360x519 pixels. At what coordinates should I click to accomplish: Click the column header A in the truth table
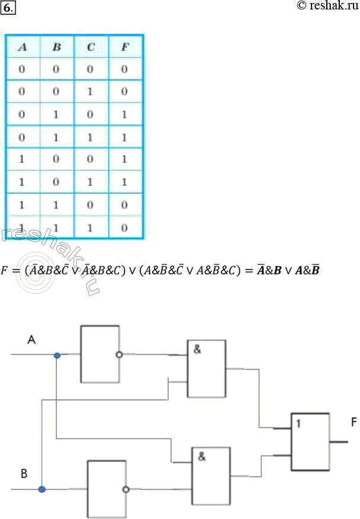pos(22,47)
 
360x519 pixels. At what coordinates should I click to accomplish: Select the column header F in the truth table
pos(125,47)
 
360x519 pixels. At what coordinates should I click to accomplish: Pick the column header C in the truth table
pos(91,47)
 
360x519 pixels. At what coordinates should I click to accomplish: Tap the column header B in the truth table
pos(56,47)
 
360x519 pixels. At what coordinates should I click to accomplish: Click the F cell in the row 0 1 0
pos(125,114)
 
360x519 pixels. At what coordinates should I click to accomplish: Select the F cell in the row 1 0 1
pos(125,181)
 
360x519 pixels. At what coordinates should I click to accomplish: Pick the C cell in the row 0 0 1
pos(91,92)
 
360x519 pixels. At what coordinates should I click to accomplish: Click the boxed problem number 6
pos(8,8)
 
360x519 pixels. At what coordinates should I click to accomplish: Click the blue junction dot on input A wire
pos(57,355)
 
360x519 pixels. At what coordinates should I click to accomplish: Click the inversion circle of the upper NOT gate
pos(119,355)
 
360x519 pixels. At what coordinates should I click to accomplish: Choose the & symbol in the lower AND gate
pos(201,457)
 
